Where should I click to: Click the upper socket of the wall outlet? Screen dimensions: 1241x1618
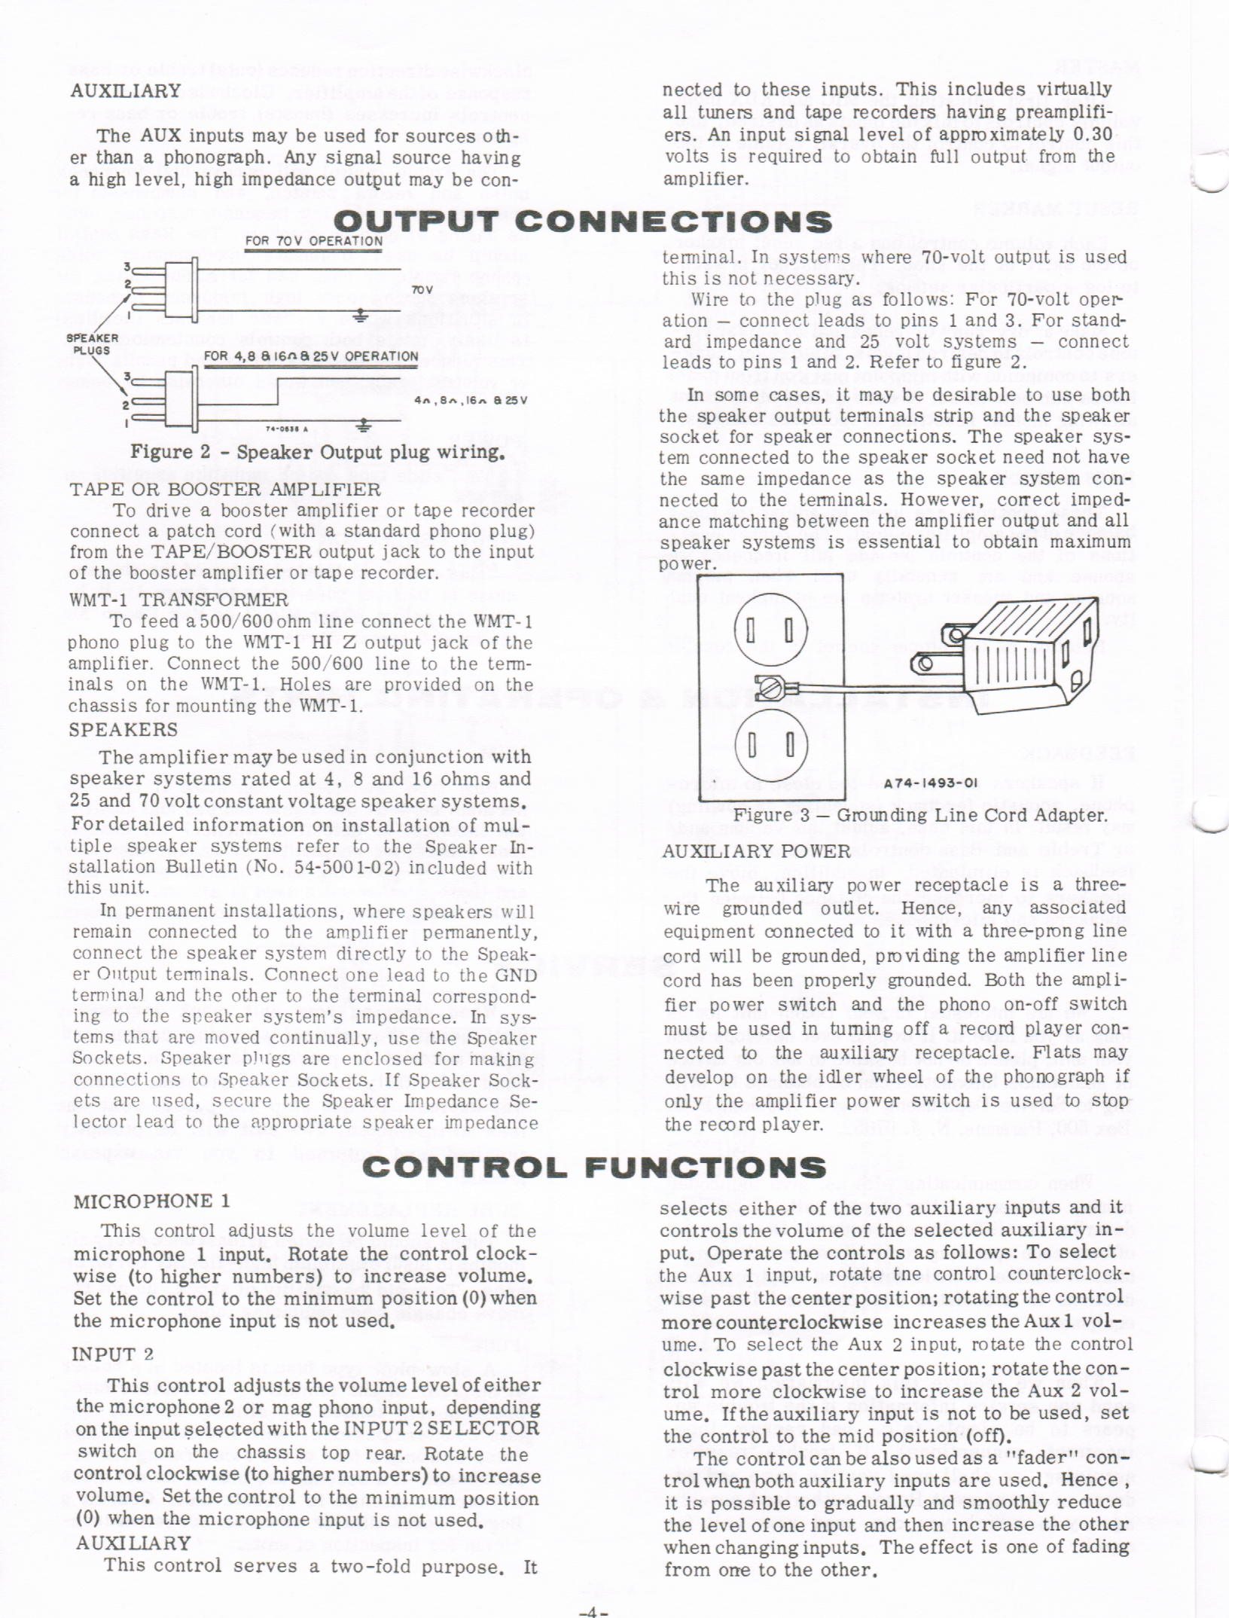pos(771,630)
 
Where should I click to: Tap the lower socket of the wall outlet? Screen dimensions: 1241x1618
pos(771,746)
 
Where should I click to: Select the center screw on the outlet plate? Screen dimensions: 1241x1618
pos(773,687)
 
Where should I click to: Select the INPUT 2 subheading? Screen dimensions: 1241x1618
pos(113,1354)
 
